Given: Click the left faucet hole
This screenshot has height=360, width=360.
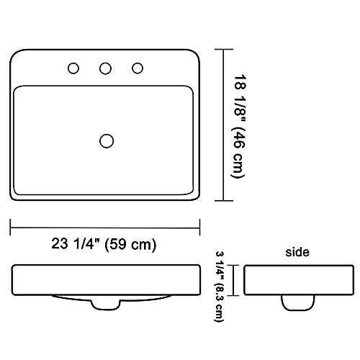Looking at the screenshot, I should coord(73,68).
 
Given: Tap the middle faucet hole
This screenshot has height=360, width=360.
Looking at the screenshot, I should coord(105,68).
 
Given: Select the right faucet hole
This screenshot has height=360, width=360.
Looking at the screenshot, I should coord(137,68).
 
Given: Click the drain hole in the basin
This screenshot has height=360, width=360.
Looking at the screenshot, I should coord(107,140).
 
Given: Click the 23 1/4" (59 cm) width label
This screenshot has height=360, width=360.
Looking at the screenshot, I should coord(105,244).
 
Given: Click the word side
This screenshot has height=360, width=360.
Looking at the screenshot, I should coord(297,252).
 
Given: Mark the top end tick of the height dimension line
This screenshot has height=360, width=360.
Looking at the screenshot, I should coord(225,50).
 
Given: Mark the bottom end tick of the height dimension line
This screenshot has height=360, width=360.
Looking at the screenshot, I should coord(225,201).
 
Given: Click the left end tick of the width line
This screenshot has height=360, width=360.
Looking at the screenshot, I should coord(10,227).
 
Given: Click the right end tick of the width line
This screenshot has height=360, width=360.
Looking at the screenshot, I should coord(200,227).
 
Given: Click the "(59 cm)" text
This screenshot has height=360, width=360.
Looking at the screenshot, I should coord(130,244).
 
